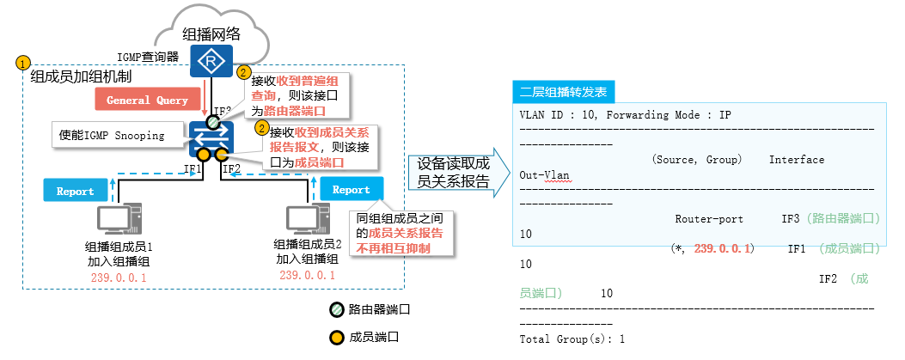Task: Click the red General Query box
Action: (147, 100)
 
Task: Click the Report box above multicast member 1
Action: (76, 191)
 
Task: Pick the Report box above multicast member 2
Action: (351, 190)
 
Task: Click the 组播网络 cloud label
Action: (211, 34)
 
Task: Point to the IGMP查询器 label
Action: (148, 57)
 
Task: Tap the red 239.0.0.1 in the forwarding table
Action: (723, 248)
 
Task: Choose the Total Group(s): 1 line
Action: (572, 339)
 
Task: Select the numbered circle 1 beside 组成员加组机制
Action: (23, 64)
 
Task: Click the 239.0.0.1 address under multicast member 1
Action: (119, 278)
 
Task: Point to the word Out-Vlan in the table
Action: (544, 174)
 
